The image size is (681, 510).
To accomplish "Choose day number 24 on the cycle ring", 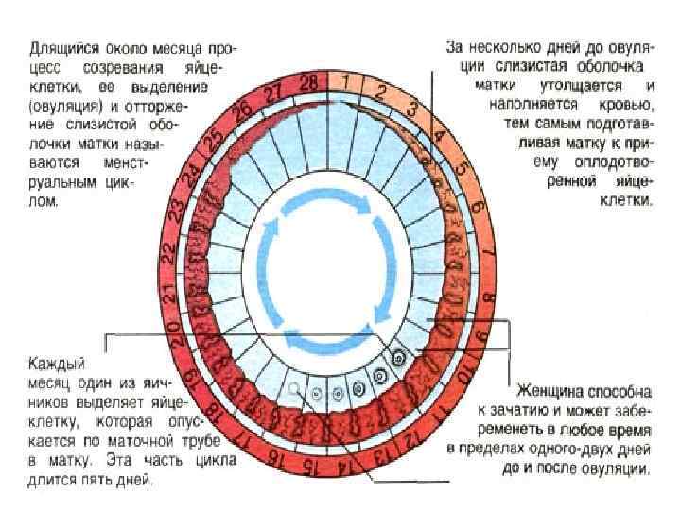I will tap(196, 174).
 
